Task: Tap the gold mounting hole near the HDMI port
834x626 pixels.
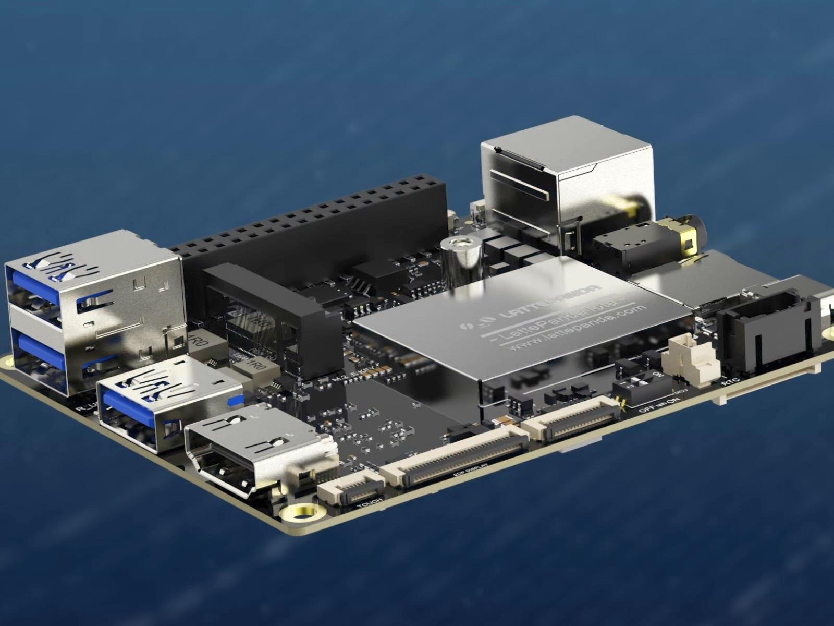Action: (x=301, y=513)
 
